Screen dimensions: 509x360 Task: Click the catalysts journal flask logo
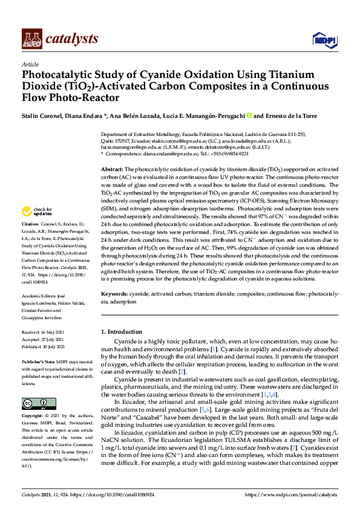(31, 39)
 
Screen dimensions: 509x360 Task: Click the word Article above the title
(30, 64)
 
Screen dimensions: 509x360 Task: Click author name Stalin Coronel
(42, 116)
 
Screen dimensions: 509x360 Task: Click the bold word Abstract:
(112, 169)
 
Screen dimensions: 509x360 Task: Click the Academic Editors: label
(42, 289)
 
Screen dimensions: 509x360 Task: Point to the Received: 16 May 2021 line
(44, 332)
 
